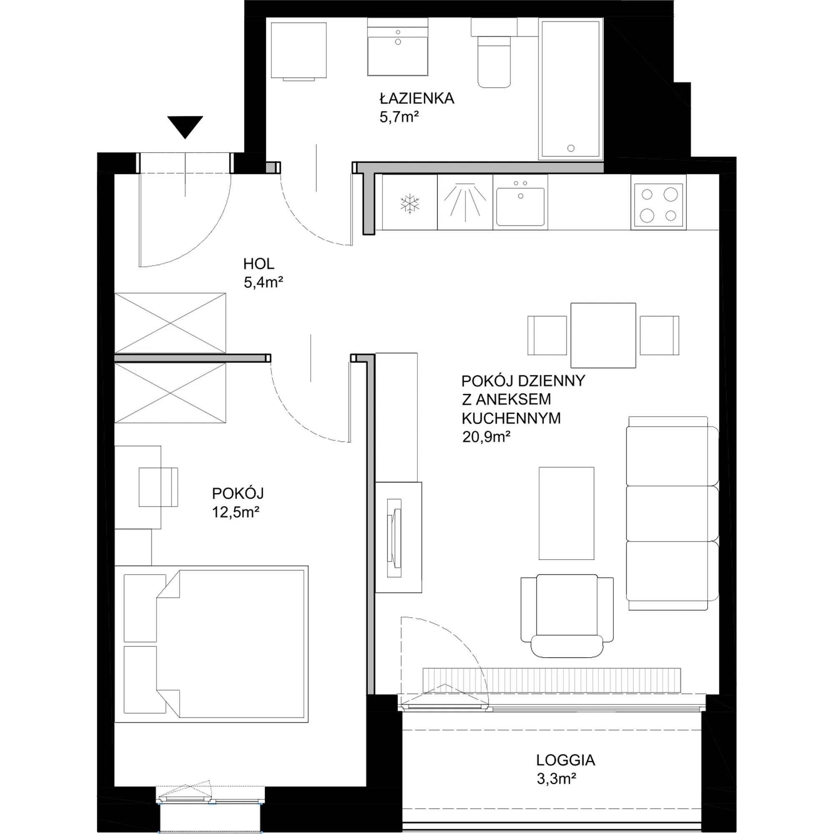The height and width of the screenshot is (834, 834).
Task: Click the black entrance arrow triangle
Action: tap(185, 127)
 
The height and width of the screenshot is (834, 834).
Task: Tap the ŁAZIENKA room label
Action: tap(417, 98)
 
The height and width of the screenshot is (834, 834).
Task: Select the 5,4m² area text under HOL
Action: tap(263, 282)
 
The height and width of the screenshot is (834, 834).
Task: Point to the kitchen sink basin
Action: tap(520, 207)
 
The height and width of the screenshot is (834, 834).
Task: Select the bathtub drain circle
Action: tap(571, 148)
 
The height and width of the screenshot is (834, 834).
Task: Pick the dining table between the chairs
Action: tap(603, 335)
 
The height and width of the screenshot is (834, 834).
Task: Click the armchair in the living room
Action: tap(567, 615)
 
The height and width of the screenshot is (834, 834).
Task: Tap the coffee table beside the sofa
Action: tap(566, 513)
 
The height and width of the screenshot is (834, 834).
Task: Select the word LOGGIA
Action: tap(565, 772)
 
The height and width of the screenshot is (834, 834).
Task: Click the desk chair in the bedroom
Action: tap(158, 487)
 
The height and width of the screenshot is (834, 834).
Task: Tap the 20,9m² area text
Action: tap(487, 437)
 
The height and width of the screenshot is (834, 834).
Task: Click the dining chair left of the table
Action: tap(547, 335)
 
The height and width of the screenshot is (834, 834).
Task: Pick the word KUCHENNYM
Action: tap(511, 418)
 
